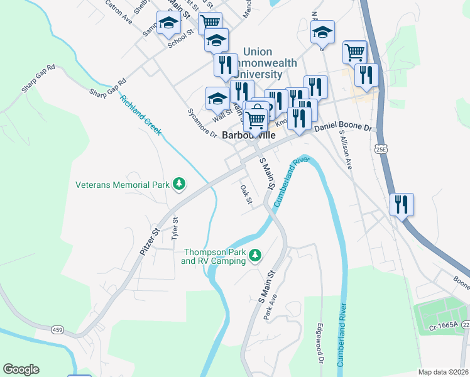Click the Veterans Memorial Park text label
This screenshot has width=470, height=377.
tap(123, 185)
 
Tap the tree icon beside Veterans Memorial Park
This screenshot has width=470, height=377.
tap(180, 183)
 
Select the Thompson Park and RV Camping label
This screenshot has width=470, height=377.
tap(214, 256)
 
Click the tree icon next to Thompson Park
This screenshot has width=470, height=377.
tap(255, 255)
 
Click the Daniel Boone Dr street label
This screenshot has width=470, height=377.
tap(343, 127)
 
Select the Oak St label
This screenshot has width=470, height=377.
tap(246, 194)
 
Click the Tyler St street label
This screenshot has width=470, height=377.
tap(175, 229)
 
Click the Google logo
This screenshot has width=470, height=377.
tap(21, 369)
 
